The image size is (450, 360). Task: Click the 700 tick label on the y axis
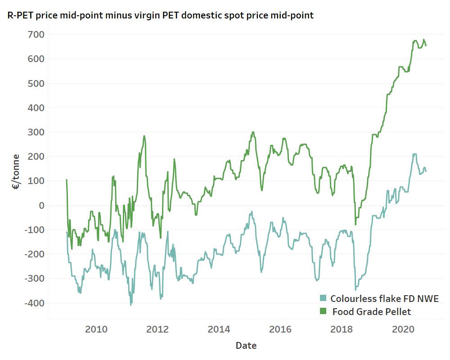35,34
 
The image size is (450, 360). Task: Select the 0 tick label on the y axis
40,205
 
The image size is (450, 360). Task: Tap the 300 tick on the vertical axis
35,132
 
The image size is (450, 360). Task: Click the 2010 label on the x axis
96,329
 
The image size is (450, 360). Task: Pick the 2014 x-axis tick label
219,329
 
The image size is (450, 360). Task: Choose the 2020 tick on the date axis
403,329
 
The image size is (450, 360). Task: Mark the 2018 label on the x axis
342,329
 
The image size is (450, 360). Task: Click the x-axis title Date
246,346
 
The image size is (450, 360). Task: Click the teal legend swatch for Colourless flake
323,298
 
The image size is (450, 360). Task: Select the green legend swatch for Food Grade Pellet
323,311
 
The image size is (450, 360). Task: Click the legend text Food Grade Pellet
372,311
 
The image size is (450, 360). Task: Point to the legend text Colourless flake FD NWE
384,298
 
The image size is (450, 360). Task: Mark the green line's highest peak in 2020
415,40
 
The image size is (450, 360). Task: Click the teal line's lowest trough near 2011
131,305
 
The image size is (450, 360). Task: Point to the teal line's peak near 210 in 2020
414,154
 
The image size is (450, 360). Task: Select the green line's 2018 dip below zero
355,224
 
